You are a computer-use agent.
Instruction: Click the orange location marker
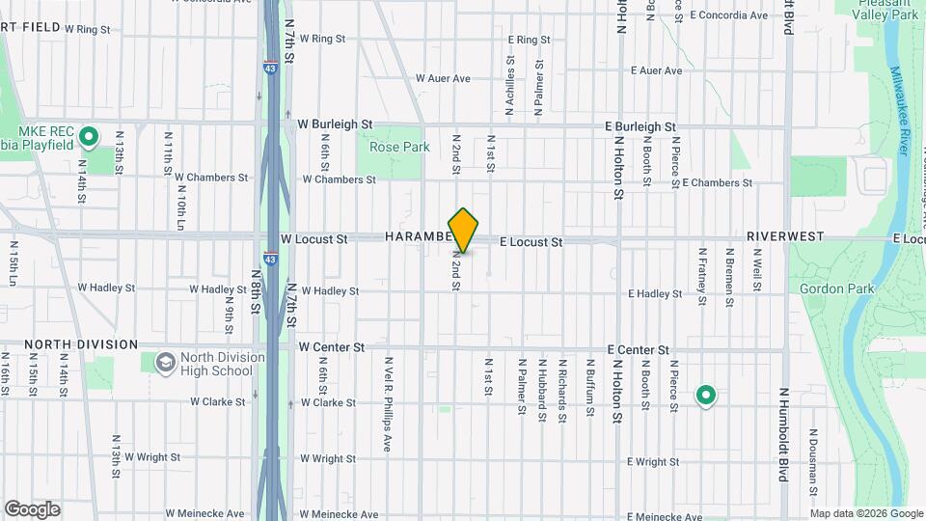(x=464, y=230)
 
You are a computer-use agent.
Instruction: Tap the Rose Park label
(x=399, y=148)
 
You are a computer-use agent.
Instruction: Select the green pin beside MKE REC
(x=89, y=137)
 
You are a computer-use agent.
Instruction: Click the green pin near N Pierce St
(x=706, y=396)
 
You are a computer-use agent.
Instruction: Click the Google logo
(x=32, y=509)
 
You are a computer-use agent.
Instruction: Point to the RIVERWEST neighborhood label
(x=784, y=235)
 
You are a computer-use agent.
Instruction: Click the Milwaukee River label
(x=902, y=106)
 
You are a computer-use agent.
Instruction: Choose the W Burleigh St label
(x=335, y=124)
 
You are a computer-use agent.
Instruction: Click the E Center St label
(x=638, y=349)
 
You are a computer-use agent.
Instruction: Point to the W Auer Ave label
(x=443, y=78)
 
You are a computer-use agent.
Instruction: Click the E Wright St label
(x=653, y=462)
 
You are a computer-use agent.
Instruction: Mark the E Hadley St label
(x=655, y=293)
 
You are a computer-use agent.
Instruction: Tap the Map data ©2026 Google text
(x=865, y=513)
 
